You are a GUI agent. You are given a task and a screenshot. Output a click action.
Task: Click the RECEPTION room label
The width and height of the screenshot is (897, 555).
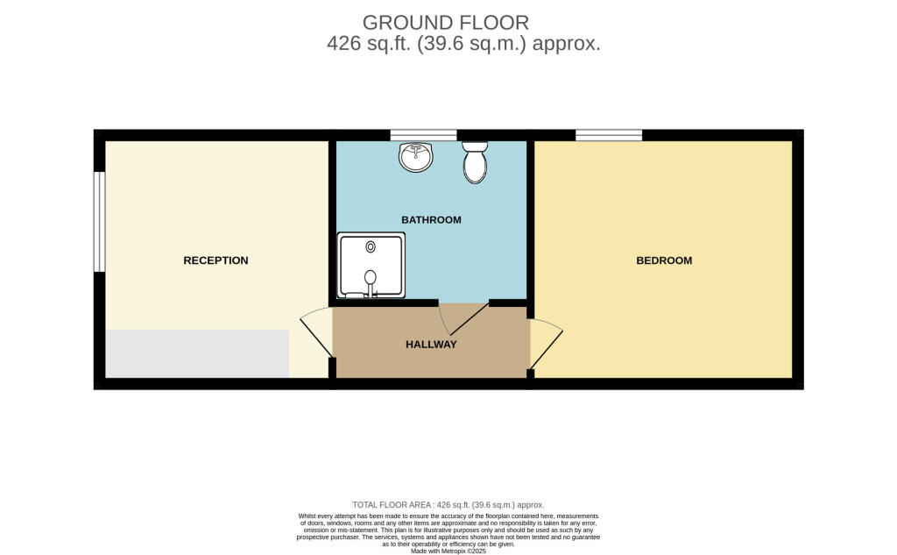215,260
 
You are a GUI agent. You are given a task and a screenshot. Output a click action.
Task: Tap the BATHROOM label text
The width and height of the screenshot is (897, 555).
431,220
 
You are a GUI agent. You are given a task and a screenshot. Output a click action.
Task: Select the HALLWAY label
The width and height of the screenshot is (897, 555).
431,345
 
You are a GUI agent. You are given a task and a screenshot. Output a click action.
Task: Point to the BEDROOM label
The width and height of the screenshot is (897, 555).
664,260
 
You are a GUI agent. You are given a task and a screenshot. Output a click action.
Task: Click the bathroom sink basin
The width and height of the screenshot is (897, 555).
416,157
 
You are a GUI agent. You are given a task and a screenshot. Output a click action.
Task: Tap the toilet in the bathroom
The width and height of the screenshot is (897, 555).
475,162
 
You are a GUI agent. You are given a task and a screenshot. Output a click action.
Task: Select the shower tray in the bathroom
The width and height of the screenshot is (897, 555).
371,265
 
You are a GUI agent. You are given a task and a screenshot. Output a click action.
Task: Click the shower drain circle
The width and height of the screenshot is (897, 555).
371,247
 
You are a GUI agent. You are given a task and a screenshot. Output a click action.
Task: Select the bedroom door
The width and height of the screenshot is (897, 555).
546,344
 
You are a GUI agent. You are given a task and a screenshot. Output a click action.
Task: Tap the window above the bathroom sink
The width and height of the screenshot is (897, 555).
423,135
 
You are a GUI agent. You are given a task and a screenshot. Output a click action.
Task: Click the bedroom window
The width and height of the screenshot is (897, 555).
609,135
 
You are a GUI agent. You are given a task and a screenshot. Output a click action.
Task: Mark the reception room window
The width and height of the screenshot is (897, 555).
100,222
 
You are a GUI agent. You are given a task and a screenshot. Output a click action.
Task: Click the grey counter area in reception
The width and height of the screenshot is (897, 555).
197,353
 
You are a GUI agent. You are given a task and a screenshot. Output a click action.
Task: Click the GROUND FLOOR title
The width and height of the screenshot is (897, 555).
446,23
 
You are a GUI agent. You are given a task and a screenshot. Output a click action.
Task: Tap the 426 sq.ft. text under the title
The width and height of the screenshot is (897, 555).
369,44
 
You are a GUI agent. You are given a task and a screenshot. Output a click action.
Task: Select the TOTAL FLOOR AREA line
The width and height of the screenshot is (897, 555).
448,505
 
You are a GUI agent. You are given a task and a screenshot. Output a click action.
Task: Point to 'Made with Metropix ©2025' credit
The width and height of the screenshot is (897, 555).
448,551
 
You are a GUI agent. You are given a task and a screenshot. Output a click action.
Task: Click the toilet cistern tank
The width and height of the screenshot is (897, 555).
475,146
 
